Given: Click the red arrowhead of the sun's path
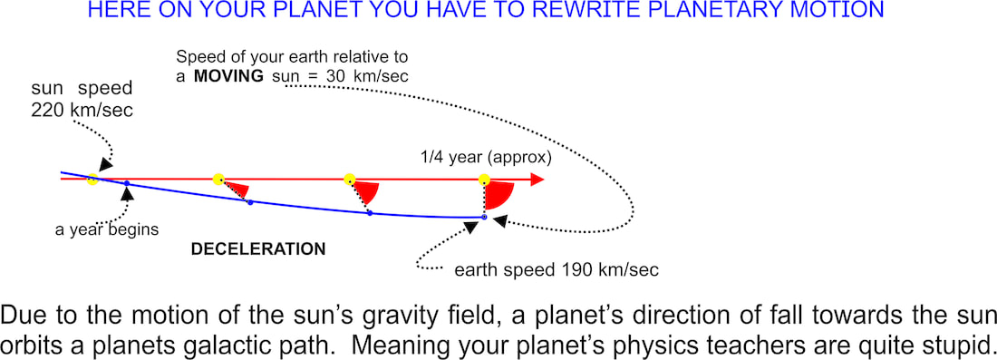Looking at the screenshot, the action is click(537, 180).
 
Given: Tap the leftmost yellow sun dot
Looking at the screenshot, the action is click(92, 179).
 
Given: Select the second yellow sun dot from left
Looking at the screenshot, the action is click(218, 179).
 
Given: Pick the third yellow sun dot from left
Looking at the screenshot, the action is click(349, 179).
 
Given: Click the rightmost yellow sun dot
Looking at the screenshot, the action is click(485, 180).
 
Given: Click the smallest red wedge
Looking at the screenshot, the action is click(237, 189).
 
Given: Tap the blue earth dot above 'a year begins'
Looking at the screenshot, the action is click(127, 184).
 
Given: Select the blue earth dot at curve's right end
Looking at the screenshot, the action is click(484, 218).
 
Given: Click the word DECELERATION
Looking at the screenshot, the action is click(258, 249).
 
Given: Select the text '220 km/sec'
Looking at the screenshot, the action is click(82, 111).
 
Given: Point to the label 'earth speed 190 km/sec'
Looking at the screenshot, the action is click(557, 269).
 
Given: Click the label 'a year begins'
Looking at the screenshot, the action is click(106, 229).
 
